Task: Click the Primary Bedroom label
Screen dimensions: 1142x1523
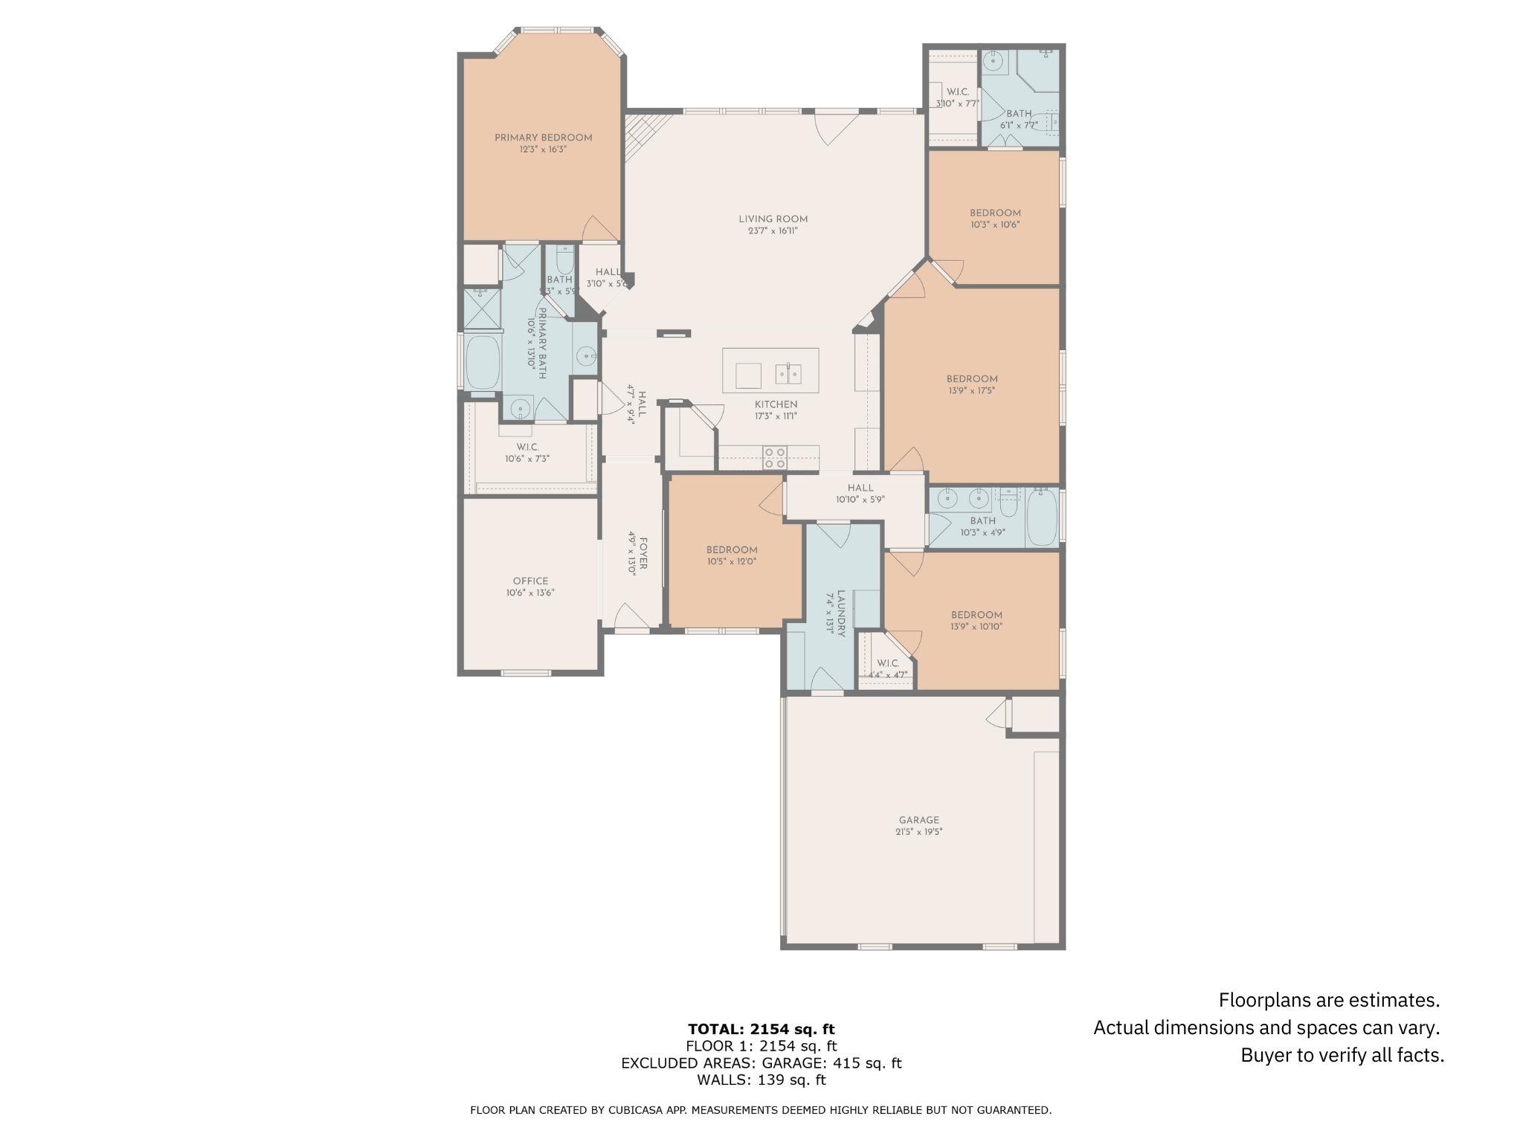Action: point(543,138)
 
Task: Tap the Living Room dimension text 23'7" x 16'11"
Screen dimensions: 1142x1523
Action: point(773,231)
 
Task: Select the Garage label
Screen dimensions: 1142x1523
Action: point(918,820)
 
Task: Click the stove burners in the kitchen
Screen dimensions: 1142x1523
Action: point(776,457)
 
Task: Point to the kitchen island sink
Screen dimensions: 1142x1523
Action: point(788,373)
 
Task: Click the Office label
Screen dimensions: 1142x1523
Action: point(530,581)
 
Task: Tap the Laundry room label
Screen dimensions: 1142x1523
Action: point(841,613)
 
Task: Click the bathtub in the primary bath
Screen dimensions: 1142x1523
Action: point(482,362)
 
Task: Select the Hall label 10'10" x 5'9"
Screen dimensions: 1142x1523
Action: point(860,488)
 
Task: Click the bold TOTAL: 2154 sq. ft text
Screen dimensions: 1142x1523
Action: point(761,1029)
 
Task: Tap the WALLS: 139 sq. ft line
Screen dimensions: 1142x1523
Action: point(761,1080)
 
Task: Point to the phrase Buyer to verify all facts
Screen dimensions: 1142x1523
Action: point(1342,1055)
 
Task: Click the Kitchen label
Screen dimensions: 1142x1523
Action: point(776,404)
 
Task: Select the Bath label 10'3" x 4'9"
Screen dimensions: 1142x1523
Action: point(982,521)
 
